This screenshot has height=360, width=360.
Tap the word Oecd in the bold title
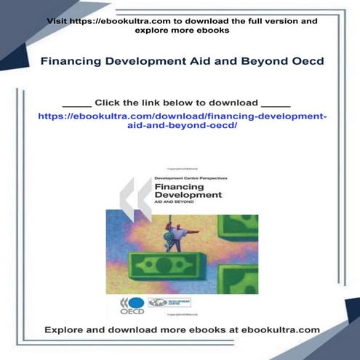coord(305,62)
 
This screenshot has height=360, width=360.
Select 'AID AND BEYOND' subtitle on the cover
coord(176,204)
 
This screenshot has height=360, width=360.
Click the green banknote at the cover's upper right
coord(238,226)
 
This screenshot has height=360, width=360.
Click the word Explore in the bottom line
coord(64,329)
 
